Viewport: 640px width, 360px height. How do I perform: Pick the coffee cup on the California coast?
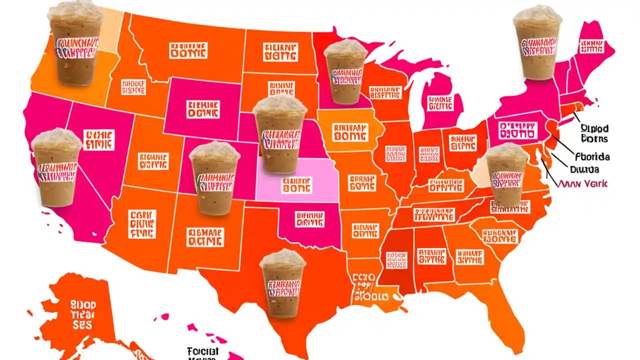click(x=56, y=167)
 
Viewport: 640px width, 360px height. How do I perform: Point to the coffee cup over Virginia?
click(x=507, y=175)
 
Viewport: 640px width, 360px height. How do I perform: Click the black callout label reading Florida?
click(x=592, y=156)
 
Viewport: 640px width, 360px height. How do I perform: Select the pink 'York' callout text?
click(x=583, y=183)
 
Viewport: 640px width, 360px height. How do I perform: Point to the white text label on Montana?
click(x=188, y=50)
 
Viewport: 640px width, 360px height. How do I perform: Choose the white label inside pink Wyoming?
click(x=202, y=109)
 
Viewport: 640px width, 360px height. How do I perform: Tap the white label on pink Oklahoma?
click(x=309, y=219)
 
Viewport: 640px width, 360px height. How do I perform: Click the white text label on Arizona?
click(x=142, y=224)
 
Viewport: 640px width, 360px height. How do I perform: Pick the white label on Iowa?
click(x=349, y=131)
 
